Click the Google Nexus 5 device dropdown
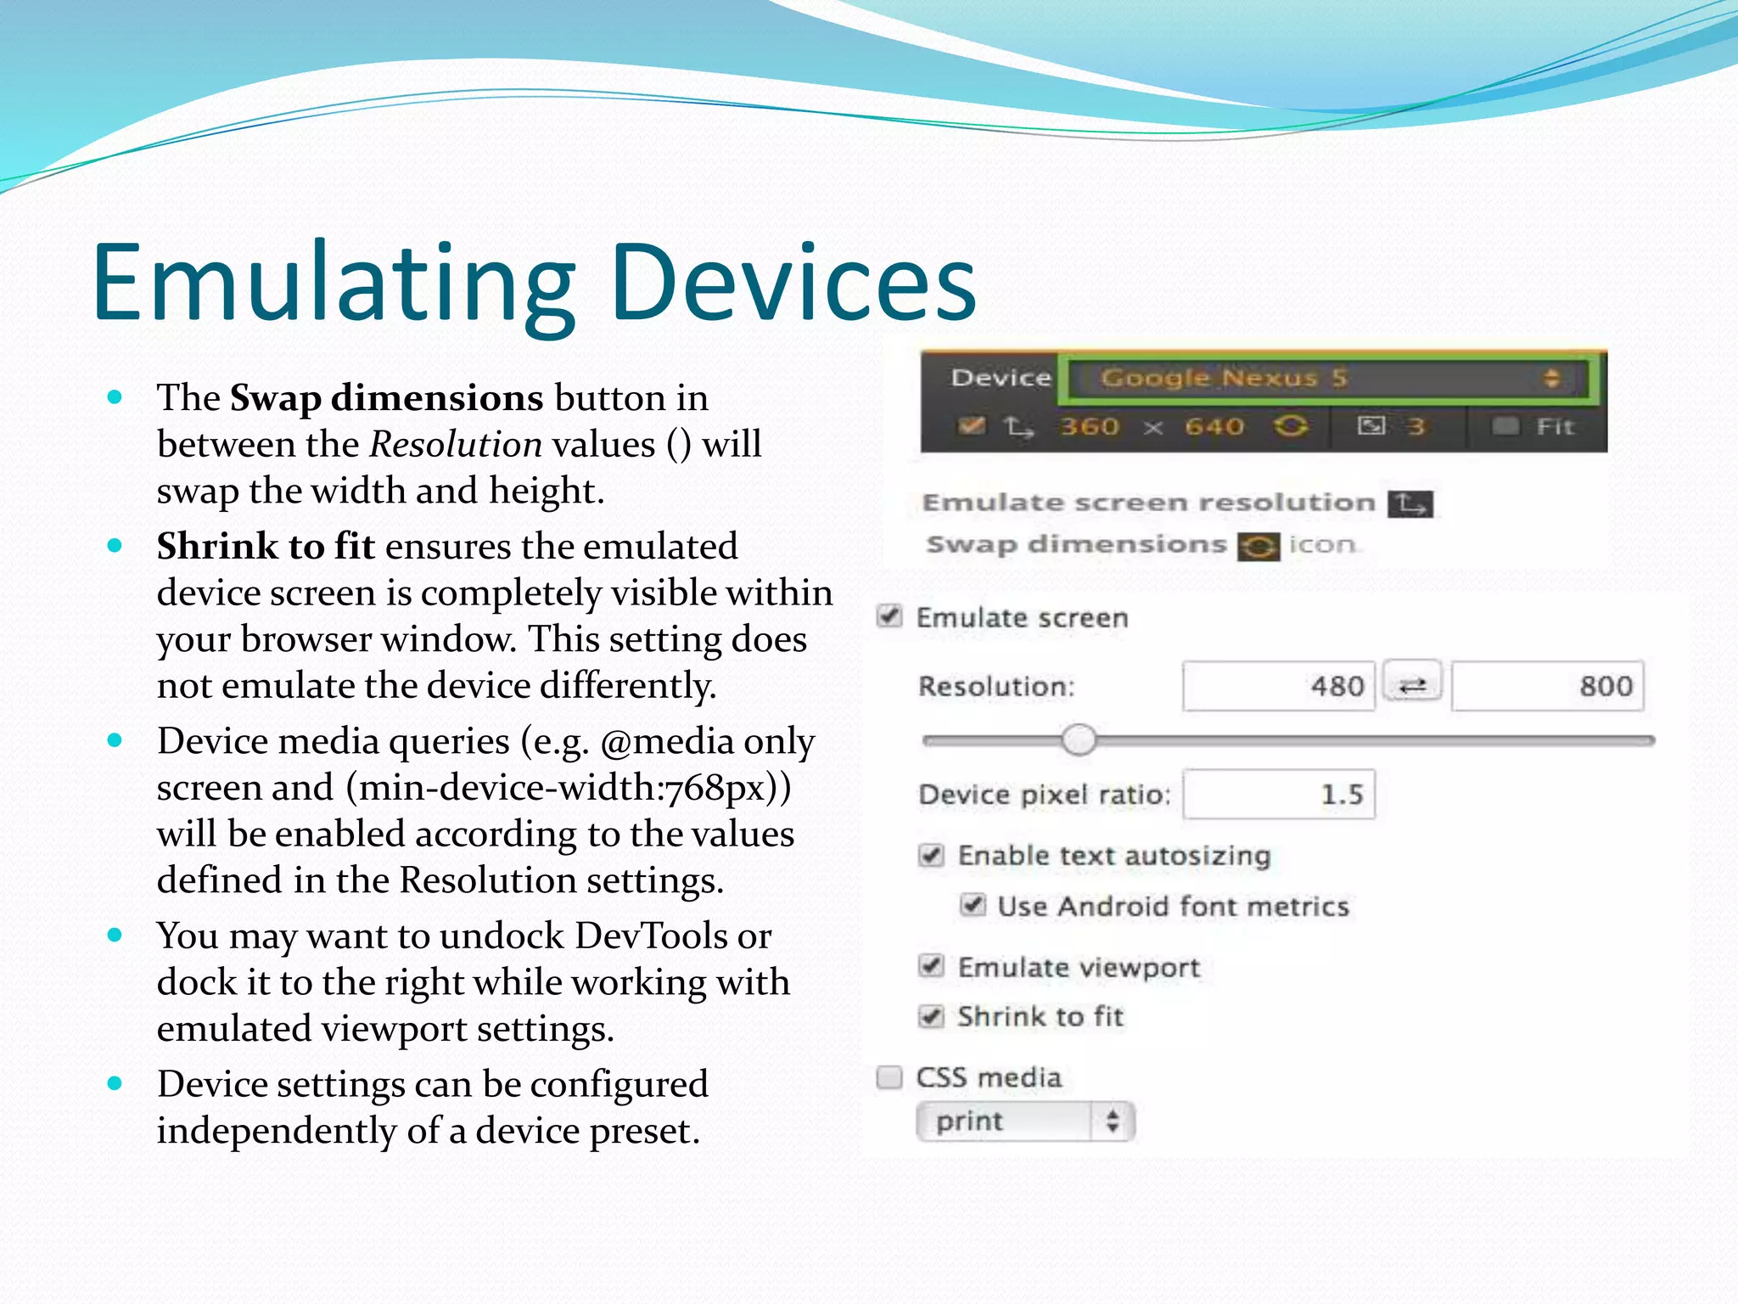point(1327,378)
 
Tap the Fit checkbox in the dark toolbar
point(1505,425)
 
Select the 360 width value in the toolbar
point(1089,426)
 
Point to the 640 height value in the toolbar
point(1214,426)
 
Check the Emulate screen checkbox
point(889,616)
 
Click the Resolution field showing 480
point(1278,686)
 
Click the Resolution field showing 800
point(1547,686)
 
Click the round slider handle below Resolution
point(1079,739)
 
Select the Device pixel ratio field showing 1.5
point(1278,795)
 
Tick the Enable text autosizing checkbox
point(931,855)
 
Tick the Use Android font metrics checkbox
point(973,906)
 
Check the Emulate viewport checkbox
point(931,966)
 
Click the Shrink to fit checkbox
point(931,1016)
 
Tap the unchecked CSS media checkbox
point(889,1077)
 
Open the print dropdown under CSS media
point(1024,1122)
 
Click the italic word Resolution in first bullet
point(456,445)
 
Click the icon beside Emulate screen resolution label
point(1410,504)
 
